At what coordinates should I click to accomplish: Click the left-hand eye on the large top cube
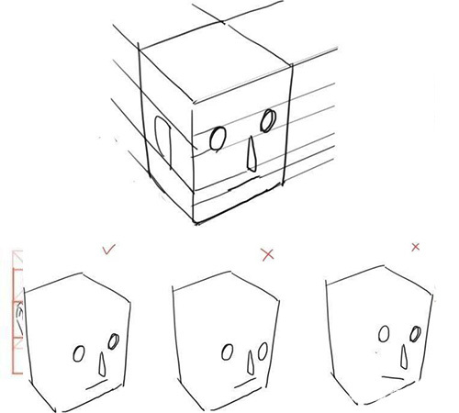[x=218, y=139]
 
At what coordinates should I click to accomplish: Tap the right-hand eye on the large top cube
[x=268, y=119]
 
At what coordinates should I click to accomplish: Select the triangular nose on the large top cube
[x=252, y=153]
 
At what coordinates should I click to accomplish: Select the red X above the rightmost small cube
[x=416, y=246]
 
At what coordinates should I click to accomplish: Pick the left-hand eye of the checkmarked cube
[x=81, y=354]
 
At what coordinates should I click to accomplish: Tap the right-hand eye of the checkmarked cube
[x=114, y=342]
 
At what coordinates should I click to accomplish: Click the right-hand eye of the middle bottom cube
[x=263, y=350]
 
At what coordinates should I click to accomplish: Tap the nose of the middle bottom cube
[x=249, y=365]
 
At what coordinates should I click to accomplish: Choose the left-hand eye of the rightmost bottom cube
[x=385, y=333]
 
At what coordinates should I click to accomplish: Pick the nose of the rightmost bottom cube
[x=402, y=354]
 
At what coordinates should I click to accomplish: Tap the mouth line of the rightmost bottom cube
[x=396, y=377]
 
